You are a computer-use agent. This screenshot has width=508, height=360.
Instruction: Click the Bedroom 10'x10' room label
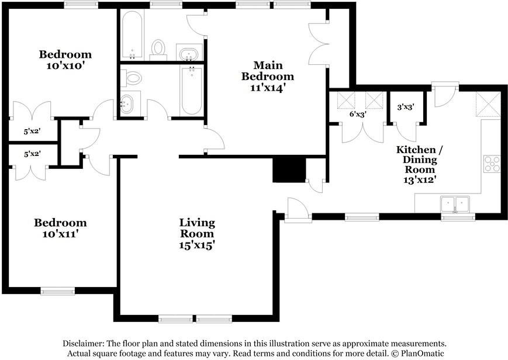tap(65, 60)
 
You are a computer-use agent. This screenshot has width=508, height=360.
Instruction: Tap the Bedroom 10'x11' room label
tap(61, 228)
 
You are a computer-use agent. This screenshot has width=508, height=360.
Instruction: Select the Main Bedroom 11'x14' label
tap(268, 77)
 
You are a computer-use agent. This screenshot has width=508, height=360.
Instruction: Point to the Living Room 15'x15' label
tap(198, 234)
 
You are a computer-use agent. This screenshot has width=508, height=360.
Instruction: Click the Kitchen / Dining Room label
tap(420, 165)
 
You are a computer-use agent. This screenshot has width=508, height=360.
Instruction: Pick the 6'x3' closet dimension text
tap(358, 115)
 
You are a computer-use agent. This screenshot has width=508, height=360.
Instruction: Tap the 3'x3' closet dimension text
tap(406, 107)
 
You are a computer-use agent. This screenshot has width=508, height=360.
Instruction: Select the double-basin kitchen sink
tap(455, 204)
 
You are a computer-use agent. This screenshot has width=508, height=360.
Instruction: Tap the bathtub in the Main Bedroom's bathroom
tap(132, 35)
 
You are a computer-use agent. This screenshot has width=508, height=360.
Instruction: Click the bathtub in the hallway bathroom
tap(192, 91)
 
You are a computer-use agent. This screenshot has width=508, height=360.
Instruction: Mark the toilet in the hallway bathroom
tap(132, 78)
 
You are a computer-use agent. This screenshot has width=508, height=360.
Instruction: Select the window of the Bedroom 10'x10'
tap(81, 5)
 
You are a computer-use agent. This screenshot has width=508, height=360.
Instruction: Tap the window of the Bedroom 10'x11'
tap(58, 290)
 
